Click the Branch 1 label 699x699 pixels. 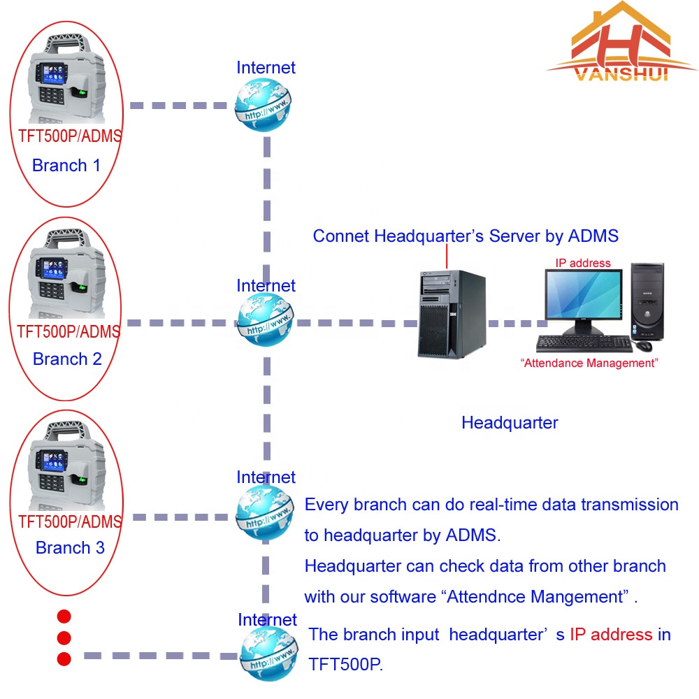tap(67, 166)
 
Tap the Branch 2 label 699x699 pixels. tap(67, 359)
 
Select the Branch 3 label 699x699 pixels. tap(70, 547)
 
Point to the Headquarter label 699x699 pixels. tap(510, 423)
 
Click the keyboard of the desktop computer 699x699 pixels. tap(584, 343)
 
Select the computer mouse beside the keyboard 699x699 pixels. tap(643, 345)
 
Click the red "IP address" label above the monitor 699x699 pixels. tap(582, 264)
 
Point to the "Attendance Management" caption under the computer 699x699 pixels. tap(590, 363)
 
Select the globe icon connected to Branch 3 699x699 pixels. tap(264, 514)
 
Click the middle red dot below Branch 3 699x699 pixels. tap(64, 637)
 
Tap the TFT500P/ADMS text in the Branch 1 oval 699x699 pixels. tap(69, 136)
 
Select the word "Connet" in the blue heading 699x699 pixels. tap(340, 236)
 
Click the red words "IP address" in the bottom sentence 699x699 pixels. tap(610, 635)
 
